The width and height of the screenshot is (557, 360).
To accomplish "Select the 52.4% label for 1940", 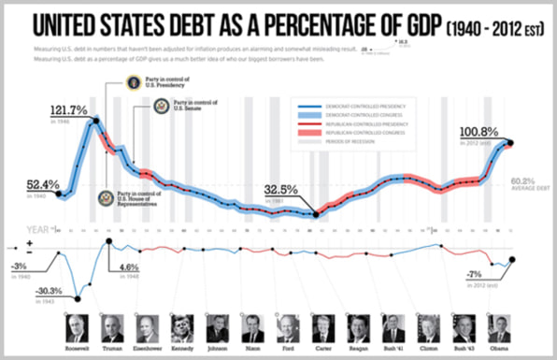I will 30,184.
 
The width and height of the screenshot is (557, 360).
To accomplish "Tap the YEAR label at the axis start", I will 35,227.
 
